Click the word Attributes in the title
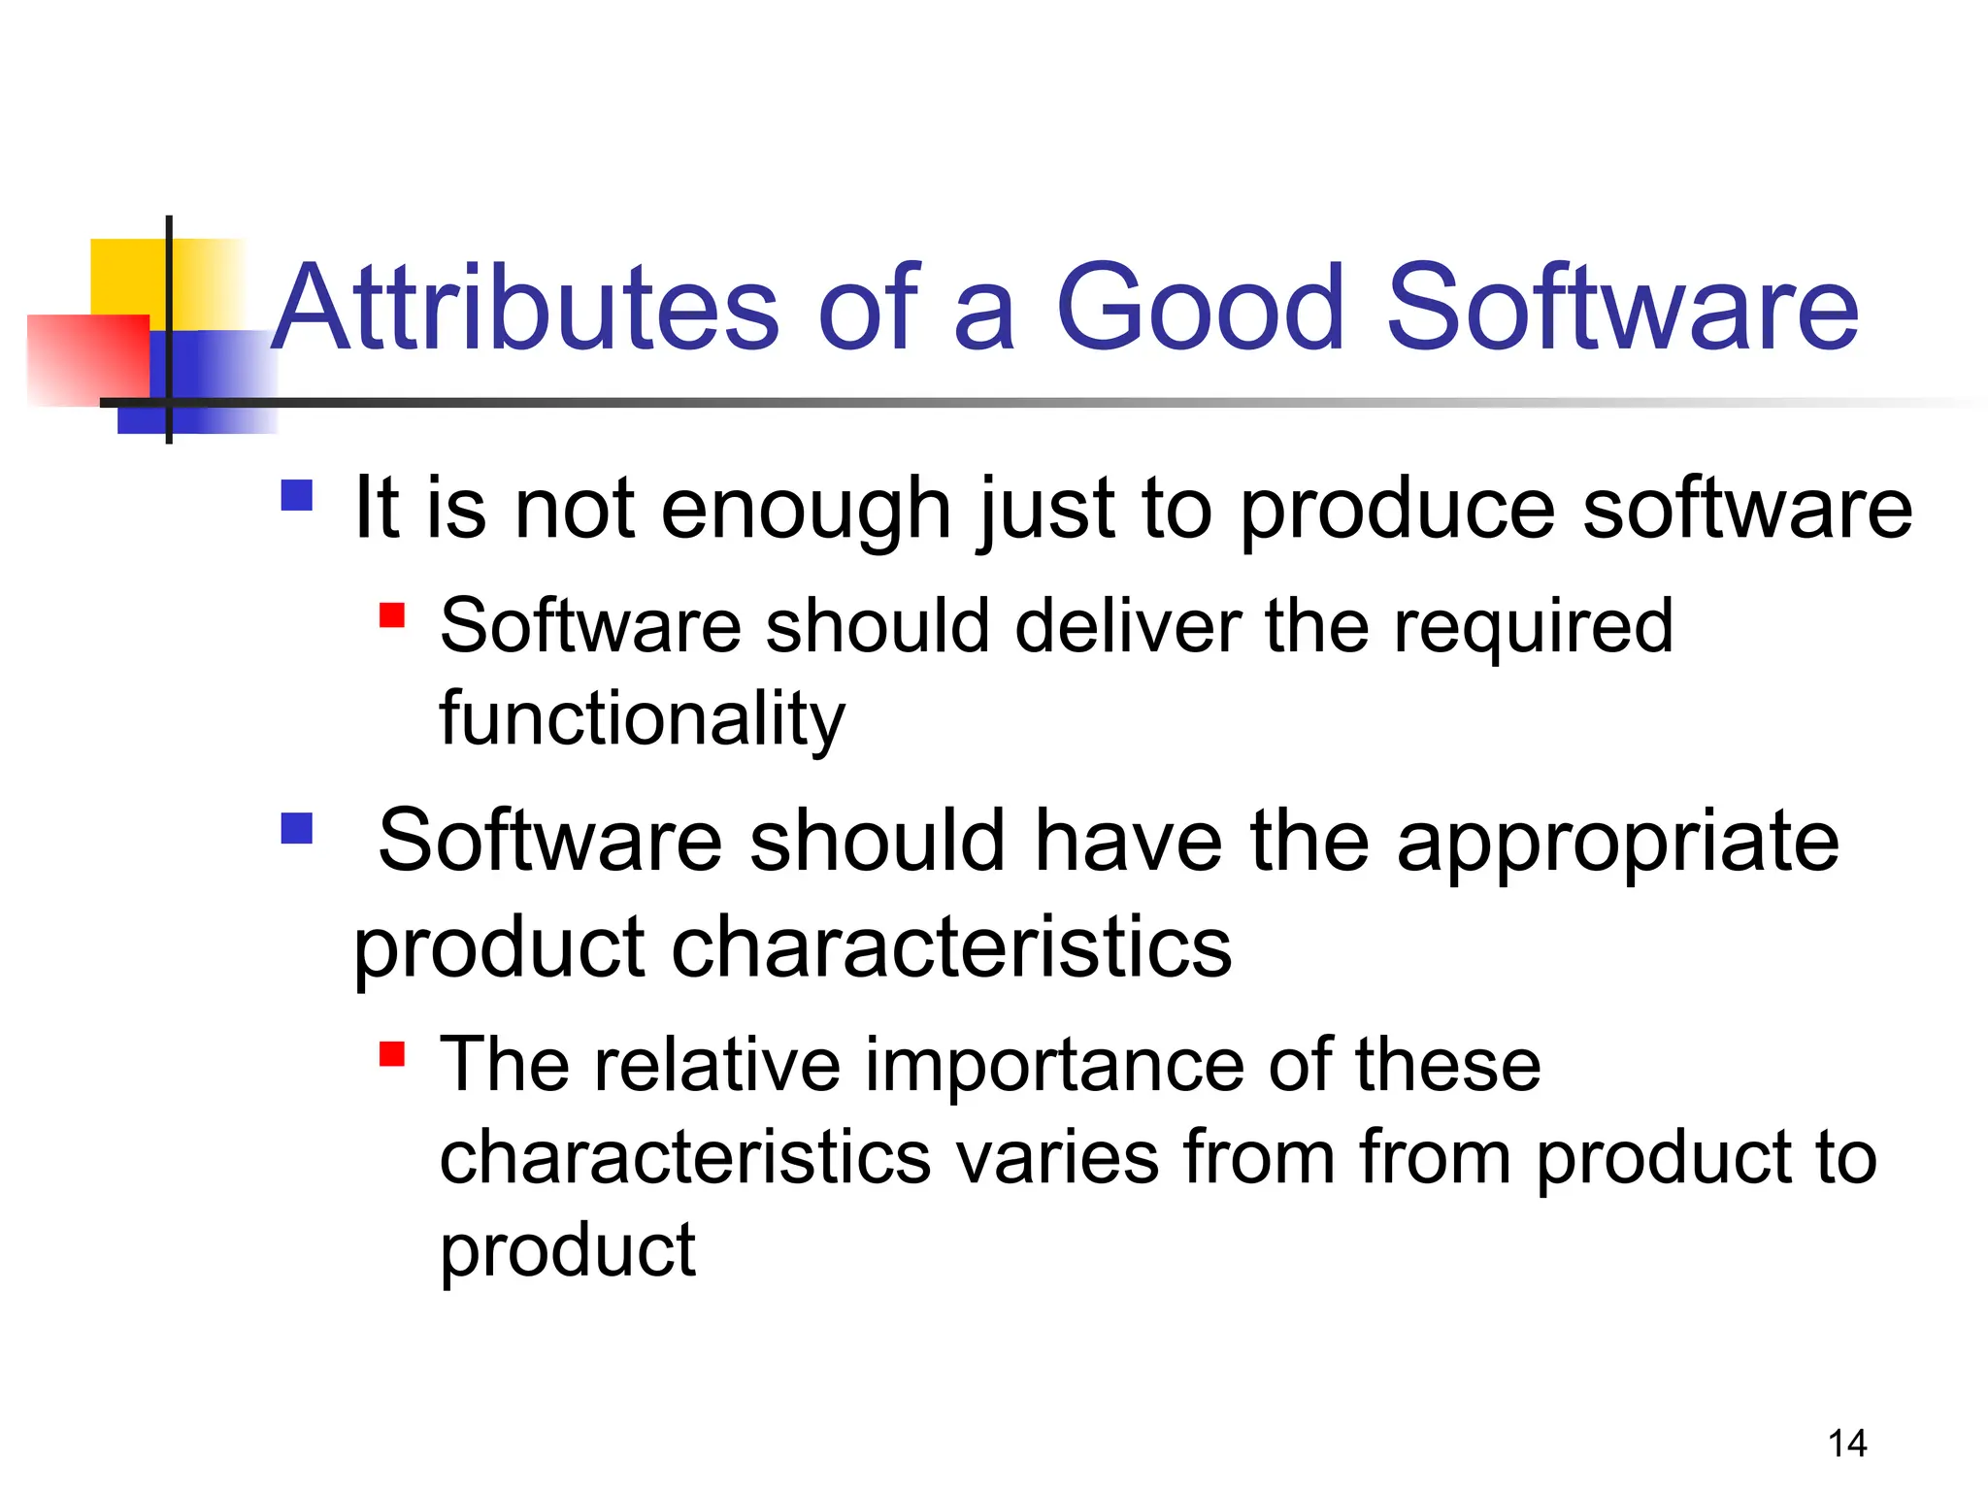click(524, 309)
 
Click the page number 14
click(1846, 1443)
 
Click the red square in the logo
click(87, 359)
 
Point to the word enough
click(806, 510)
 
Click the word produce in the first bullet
click(1398, 510)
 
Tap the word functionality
click(642, 719)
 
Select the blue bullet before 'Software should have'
click(296, 828)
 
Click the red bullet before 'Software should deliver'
click(391, 615)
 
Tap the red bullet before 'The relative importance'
click(391, 1054)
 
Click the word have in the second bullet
click(1127, 841)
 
